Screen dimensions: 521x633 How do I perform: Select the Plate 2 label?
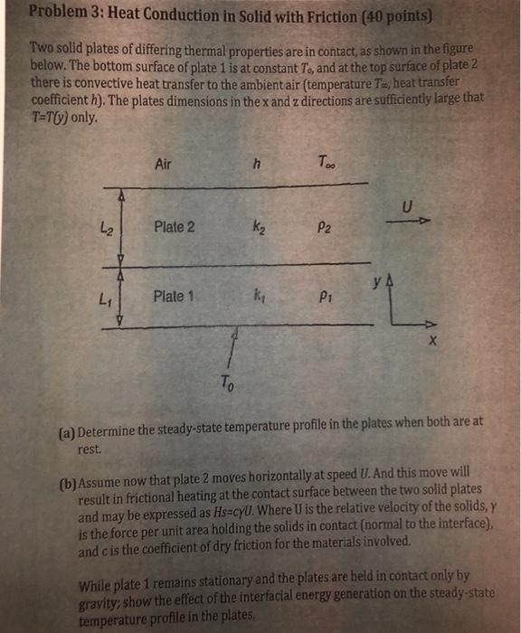(x=174, y=226)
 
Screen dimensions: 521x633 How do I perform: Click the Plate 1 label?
(x=174, y=296)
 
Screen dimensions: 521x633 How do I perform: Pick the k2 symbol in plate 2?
(x=260, y=227)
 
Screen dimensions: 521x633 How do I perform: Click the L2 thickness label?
(x=106, y=229)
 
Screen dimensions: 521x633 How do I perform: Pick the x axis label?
(x=432, y=344)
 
